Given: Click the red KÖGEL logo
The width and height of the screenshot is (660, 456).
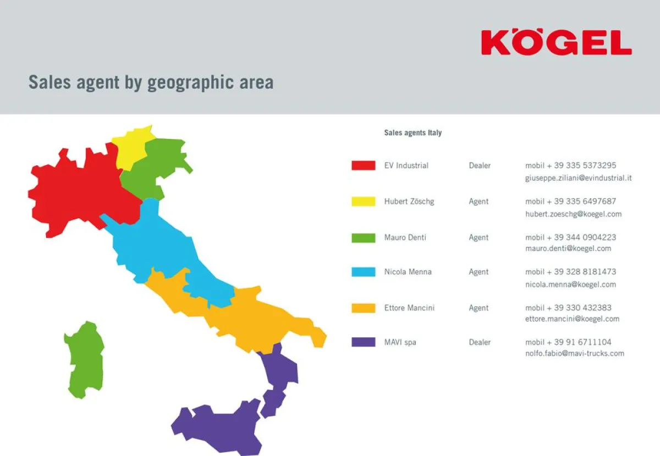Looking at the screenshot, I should click(556, 42).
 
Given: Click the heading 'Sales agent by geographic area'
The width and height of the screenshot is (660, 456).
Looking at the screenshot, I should click(151, 82).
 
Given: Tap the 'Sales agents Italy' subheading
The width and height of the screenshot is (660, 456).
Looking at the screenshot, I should click(413, 132).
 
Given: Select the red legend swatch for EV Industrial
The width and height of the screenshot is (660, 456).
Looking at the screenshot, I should click(363, 165).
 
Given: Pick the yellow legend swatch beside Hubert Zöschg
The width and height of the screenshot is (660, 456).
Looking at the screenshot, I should click(363, 201).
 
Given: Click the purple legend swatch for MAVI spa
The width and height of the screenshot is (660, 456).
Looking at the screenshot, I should click(363, 342).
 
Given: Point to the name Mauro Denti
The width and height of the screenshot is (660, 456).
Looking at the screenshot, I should click(405, 237).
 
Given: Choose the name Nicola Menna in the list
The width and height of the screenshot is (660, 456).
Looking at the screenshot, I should click(408, 271).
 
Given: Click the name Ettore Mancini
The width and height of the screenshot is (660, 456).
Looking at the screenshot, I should click(409, 308).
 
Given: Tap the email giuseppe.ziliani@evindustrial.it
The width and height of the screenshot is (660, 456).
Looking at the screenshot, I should click(578, 178).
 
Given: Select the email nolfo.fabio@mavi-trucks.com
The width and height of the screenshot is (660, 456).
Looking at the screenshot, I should click(574, 353).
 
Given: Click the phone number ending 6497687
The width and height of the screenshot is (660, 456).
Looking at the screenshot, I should click(570, 201).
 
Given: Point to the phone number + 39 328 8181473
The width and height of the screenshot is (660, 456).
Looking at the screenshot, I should click(570, 271).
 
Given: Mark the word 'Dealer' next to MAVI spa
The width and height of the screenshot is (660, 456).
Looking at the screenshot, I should click(480, 342).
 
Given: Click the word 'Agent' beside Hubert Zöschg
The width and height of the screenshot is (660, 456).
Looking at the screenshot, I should click(479, 201).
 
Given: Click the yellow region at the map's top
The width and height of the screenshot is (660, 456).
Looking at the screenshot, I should click(130, 147).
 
